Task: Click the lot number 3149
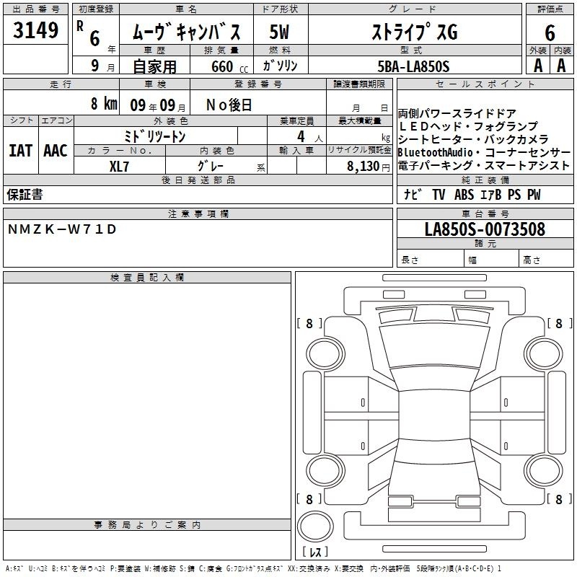35,30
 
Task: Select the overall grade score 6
550,33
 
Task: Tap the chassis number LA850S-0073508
485,229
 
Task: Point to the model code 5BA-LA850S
413,66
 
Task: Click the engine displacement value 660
222,66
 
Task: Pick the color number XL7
119,167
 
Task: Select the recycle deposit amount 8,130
363,166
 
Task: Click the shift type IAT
20,151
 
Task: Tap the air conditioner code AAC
56,151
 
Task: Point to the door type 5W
279,32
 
